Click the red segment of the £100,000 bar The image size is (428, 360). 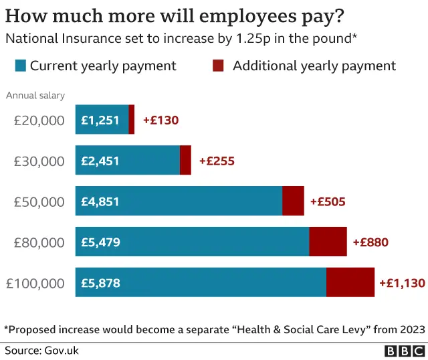coord(350,282)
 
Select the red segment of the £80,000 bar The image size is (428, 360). coord(328,242)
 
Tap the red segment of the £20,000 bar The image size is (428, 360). coord(132,120)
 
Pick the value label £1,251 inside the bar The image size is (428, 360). coord(100,120)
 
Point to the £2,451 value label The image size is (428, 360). coord(100,161)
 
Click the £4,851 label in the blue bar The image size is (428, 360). coord(100,201)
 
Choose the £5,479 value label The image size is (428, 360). coord(100,242)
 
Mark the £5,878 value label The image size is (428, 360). coord(100,282)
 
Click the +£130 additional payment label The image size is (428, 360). coord(160,120)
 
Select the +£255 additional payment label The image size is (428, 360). coord(217,161)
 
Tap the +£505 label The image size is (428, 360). coord(328,201)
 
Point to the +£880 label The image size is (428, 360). coord(370,242)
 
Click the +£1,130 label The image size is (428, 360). coord(402,282)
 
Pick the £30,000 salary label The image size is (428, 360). coord(39,161)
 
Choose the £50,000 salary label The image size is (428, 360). coord(39,201)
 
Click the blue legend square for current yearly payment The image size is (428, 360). coord(20,66)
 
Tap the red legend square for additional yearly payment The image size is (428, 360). coord(218,66)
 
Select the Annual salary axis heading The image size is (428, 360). coord(35,95)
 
